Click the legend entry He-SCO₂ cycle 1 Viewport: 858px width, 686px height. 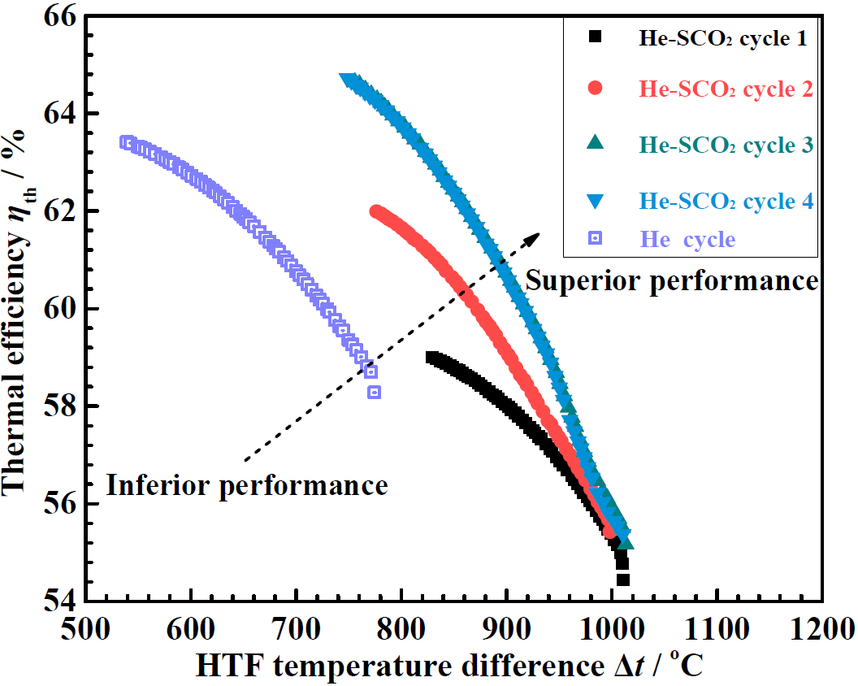pos(721,37)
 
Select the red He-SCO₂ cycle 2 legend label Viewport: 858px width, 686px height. pos(726,89)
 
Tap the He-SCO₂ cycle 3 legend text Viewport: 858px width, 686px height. pos(726,145)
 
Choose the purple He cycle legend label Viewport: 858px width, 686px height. pos(687,240)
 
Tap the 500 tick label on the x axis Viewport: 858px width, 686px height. pos(86,628)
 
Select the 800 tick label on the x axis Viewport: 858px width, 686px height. pos(401,628)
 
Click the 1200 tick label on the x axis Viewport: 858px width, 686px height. pos(821,628)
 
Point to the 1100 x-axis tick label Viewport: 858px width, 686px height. pos(717,628)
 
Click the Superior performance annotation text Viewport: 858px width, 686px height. pos(672,281)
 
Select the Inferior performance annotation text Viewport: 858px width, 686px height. pos(247,486)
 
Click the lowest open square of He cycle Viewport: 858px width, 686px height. pos(374,392)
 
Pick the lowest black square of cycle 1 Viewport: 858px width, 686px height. pos(623,580)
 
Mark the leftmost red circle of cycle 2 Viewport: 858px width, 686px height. pos(376,211)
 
